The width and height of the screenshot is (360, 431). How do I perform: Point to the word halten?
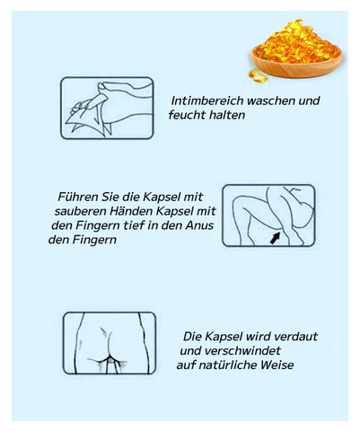tap(226, 115)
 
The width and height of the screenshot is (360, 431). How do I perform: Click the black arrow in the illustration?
tap(276, 238)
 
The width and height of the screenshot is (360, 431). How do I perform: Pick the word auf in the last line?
tap(186, 365)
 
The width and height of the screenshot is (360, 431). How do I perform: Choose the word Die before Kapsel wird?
tap(192, 337)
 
